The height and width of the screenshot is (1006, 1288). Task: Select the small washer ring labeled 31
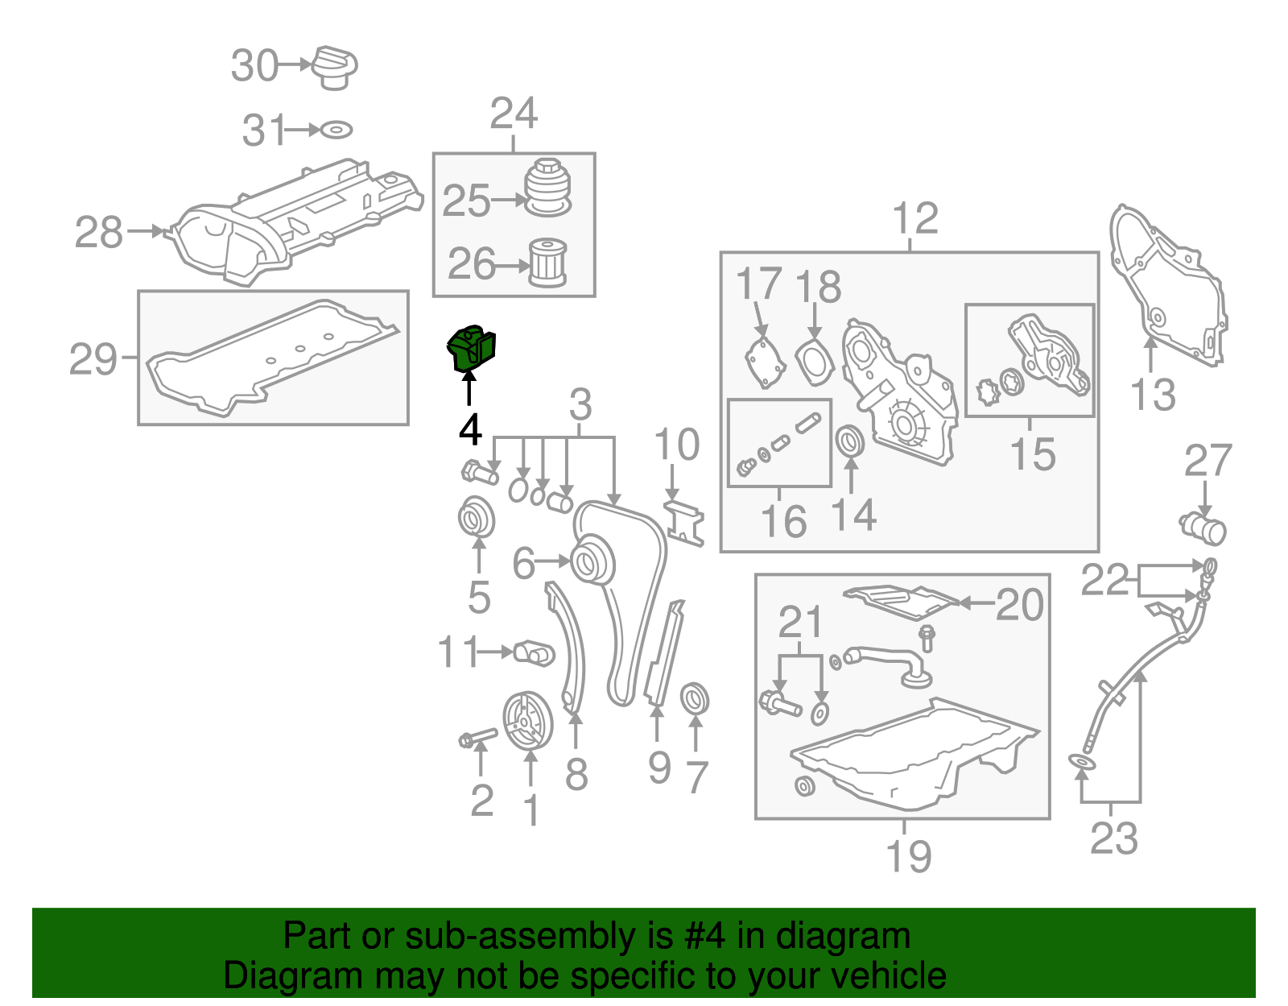[336, 130]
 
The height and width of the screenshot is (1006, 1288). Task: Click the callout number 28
[99, 233]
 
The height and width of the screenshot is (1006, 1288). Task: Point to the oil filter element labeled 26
[548, 263]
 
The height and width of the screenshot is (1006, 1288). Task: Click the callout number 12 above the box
[915, 218]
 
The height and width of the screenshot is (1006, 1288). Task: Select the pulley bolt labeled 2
[477, 737]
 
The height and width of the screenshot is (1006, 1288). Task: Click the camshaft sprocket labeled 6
[593, 562]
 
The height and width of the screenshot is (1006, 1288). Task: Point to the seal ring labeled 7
[695, 699]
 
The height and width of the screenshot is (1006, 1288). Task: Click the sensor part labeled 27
[1203, 528]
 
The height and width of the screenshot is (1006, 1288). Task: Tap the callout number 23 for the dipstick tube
[1114, 838]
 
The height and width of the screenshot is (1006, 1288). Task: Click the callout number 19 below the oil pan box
[908, 855]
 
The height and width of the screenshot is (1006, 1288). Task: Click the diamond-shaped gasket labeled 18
[813, 363]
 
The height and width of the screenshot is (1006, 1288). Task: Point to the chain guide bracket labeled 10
[684, 524]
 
